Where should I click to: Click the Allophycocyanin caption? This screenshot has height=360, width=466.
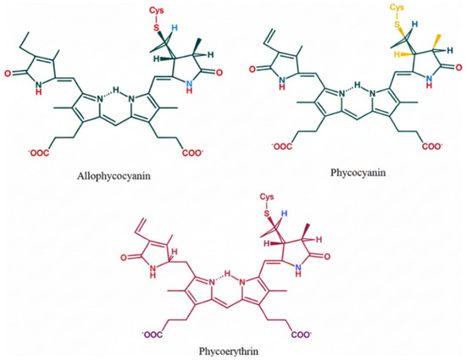(114, 176)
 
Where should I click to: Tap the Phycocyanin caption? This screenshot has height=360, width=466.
(358, 173)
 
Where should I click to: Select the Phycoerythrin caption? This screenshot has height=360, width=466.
(229, 352)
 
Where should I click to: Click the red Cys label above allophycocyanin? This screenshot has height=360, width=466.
(157, 11)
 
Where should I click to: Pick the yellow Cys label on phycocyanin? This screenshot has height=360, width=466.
(397, 7)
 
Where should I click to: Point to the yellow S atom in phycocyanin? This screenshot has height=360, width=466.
(397, 25)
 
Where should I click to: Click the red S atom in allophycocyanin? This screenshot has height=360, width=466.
(157, 28)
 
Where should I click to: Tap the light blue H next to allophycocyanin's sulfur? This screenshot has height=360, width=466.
(175, 28)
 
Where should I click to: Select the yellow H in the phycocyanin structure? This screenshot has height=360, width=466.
(397, 54)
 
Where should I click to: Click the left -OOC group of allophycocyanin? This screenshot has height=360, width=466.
(38, 153)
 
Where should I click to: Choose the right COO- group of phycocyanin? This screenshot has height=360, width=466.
(432, 147)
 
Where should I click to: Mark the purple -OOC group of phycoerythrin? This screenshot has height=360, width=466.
(153, 335)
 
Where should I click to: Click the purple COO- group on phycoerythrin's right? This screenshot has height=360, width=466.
(302, 335)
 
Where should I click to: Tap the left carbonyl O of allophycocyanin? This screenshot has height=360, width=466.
(8, 73)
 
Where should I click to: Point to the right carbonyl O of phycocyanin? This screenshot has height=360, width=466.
(459, 68)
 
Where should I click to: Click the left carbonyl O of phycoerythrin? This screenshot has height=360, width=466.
(124, 258)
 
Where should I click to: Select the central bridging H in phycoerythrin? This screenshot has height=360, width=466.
(227, 273)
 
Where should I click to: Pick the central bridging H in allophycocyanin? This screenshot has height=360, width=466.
(115, 89)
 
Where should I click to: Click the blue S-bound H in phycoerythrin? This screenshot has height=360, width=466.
(285, 213)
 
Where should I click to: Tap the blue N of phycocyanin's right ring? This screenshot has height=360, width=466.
(428, 78)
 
